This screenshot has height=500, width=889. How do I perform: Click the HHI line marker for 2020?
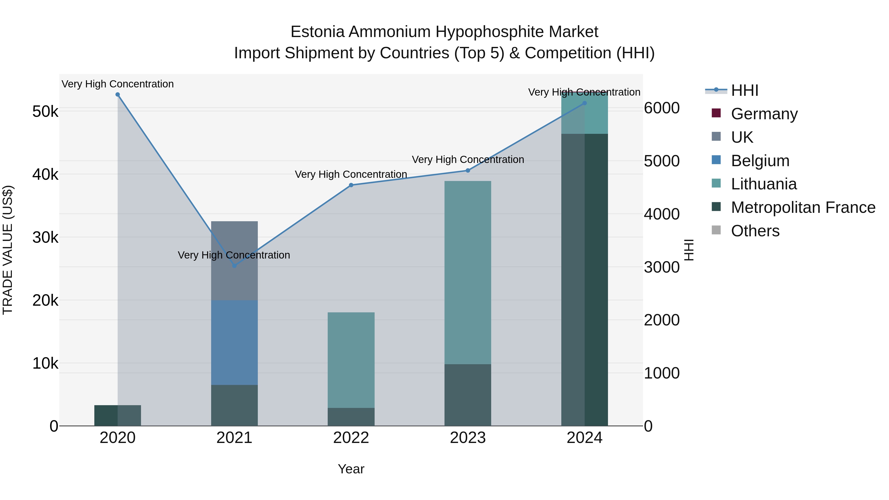click(x=118, y=95)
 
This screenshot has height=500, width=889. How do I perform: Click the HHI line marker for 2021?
click(x=234, y=266)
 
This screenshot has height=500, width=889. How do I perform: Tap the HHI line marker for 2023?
click(x=468, y=170)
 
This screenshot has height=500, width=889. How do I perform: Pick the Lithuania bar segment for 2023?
click(x=468, y=273)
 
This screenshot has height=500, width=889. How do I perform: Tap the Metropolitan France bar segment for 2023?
click(x=468, y=395)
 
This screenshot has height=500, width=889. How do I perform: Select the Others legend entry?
click(x=755, y=231)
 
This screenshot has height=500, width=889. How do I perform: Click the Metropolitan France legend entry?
click(x=803, y=207)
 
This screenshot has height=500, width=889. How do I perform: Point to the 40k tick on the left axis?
click(x=45, y=175)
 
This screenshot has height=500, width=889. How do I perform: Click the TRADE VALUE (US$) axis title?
click(x=8, y=250)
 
